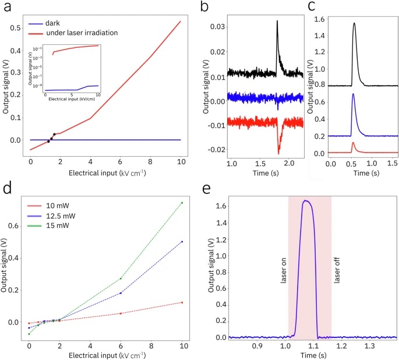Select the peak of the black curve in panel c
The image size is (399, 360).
click(x=354, y=23)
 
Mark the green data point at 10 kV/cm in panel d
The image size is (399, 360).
click(x=182, y=203)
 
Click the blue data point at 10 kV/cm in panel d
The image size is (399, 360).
click(x=182, y=242)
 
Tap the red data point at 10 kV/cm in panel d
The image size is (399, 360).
click(x=182, y=302)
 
